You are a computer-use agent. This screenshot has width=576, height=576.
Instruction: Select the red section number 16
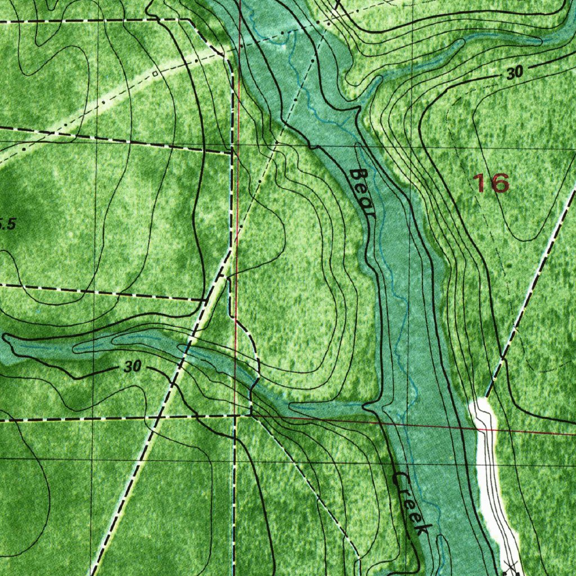pos(491,183)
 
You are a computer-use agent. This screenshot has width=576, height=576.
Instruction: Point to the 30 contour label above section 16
pos(514,72)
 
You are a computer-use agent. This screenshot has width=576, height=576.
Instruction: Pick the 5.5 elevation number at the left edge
pos(7,224)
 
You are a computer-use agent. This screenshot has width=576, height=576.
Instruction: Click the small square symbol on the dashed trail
pos(155,73)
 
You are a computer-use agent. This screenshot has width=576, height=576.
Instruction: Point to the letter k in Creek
pos(424,530)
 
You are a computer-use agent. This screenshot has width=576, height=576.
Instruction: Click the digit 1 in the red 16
pos(479,183)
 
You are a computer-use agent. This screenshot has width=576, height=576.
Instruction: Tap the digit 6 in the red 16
pos(499,183)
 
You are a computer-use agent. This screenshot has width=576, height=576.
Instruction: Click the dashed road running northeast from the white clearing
pos(532,292)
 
